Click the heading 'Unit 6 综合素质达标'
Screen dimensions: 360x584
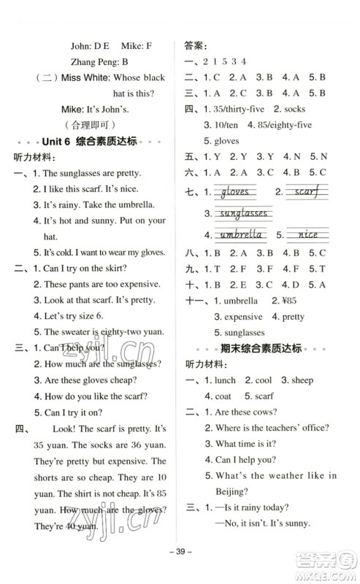point(98,142)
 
